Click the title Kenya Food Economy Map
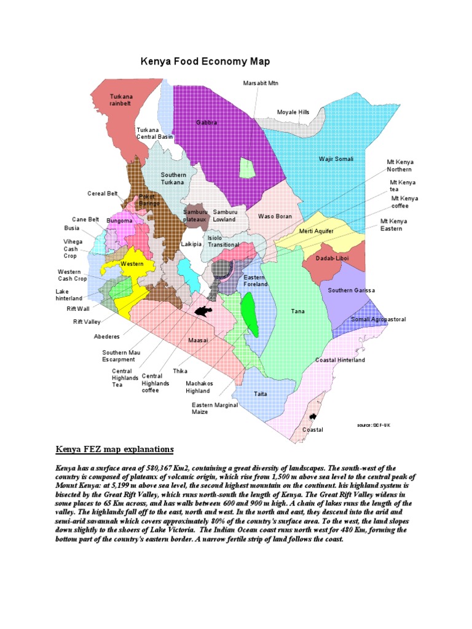point(205,61)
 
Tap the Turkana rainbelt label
point(120,100)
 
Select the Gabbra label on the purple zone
point(206,123)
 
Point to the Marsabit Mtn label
point(261,83)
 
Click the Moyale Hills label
point(293,112)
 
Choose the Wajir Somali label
point(336,159)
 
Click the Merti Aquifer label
point(317,231)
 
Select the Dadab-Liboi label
point(332,259)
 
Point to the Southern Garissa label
point(351,290)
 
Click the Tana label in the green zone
point(298,311)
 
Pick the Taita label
point(261,394)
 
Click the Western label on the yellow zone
point(132,264)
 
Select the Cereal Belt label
point(103,193)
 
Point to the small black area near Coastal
point(313,416)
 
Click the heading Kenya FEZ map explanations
point(115,449)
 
